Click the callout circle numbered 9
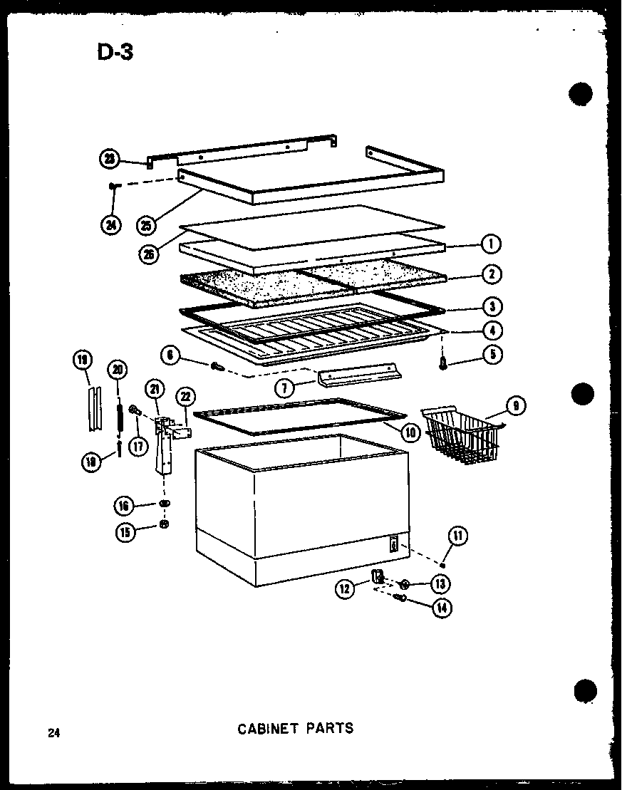click(515, 406)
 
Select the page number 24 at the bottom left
click(53, 732)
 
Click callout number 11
click(458, 536)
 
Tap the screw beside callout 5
click(444, 364)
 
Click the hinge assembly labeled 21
click(165, 445)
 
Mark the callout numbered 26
click(148, 254)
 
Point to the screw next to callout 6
click(217, 367)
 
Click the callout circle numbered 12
click(346, 588)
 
